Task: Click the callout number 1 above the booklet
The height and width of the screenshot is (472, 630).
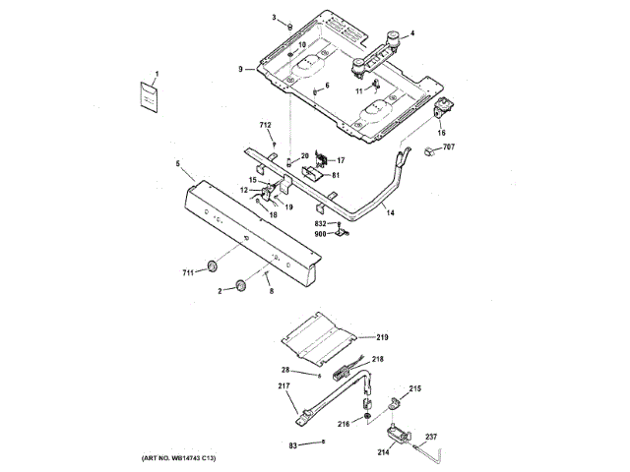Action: (155, 75)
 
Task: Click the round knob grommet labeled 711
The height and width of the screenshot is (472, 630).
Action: (211, 266)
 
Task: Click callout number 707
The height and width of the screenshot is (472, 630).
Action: (448, 147)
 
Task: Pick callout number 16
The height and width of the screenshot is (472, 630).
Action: (441, 132)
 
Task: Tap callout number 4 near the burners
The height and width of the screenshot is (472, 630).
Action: (411, 34)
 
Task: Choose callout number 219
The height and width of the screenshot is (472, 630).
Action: (382, 337)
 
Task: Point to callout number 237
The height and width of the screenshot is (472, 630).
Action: (430, 437)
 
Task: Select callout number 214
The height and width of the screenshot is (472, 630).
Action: (383, 452)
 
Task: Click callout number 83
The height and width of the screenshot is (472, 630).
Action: (292, 446)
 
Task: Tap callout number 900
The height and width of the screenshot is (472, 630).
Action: (321, 234)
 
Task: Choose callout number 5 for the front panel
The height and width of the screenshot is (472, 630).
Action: (177, 163)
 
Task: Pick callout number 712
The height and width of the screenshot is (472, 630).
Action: (265, 125)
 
